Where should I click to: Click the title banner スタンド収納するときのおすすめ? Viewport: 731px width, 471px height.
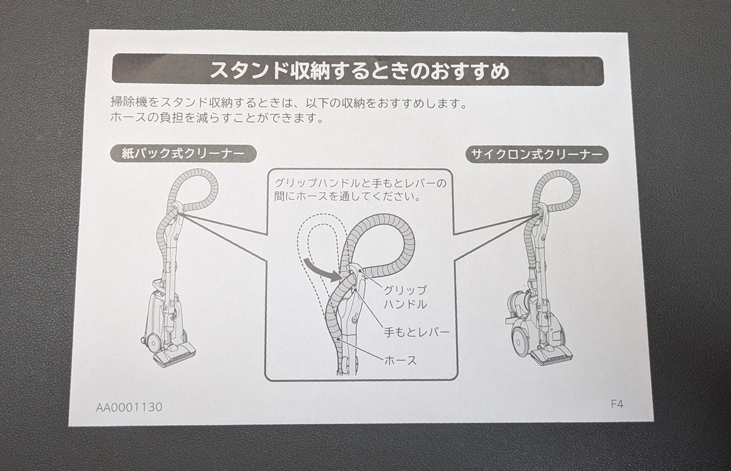coord(358,71)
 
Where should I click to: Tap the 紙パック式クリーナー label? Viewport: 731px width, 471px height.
coord(183,154)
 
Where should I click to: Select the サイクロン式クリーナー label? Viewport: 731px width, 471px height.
coord(537,154)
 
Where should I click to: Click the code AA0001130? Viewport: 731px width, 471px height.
coord(129,408)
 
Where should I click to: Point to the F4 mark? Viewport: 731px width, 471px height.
coord(616,405)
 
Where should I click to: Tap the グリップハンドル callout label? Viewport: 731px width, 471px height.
coord(405,297)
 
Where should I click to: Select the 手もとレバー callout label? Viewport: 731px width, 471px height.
coord(417,333)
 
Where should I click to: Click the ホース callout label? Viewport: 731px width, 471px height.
coord(400,360)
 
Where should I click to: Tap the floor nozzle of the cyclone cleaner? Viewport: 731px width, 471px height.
coord(551,356)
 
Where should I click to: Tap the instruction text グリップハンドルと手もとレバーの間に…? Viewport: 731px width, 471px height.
coord(360,190)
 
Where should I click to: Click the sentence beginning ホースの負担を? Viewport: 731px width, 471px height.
coord(217,118)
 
